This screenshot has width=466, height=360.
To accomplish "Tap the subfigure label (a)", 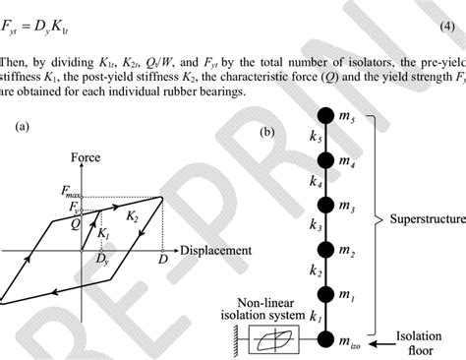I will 21,127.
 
